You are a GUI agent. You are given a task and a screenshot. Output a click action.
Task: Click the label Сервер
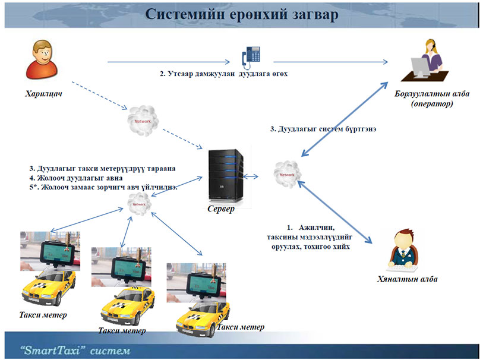click(221, 209)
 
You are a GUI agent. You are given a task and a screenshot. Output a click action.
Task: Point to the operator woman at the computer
click(428, 61)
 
